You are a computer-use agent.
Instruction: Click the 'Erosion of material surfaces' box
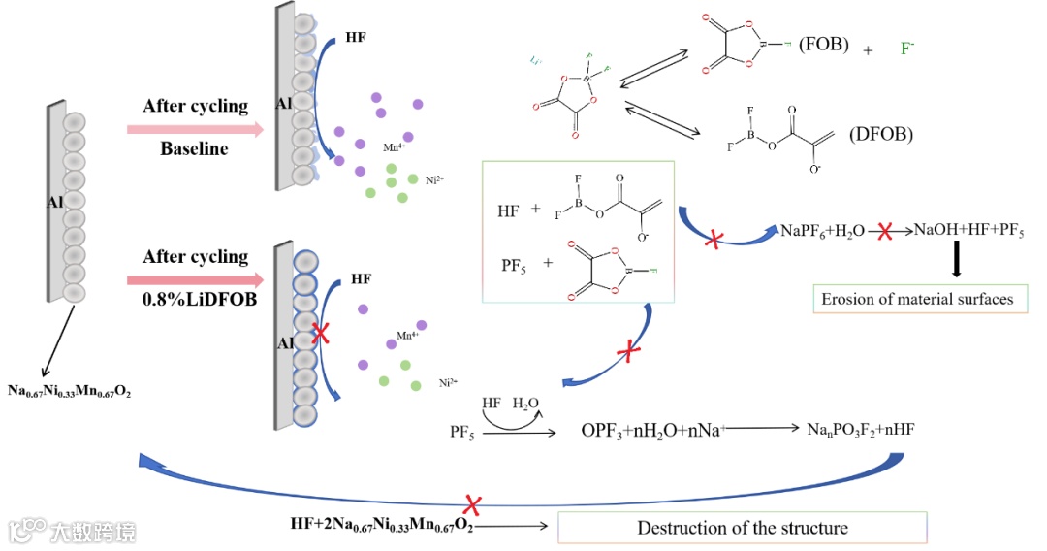[x=918, y=299]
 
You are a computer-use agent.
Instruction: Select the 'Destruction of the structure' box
[x=742, y=529]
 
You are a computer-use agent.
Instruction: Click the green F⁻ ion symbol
[x=907, y=47]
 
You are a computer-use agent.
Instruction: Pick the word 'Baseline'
[x=194, y=148]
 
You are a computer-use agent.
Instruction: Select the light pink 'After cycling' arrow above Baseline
[x=195, y=128]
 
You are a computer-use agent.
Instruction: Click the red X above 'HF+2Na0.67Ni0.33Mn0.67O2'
[x=473, y=504]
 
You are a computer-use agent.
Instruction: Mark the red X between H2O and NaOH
[x=884, y=232]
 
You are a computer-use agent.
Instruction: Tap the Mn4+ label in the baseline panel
[x=366, y=146]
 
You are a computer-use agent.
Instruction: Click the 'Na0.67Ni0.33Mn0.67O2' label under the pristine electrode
[x=77, y=391]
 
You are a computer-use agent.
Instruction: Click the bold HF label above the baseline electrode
[x=356, y=41]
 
